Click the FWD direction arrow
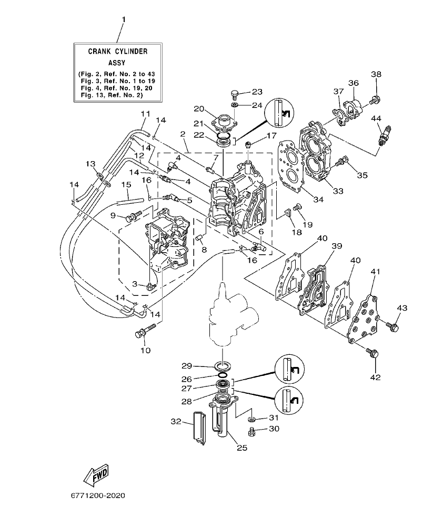(x=96, y=476)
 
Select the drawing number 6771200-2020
(x=98, y=496)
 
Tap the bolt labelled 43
(x=392, y=327)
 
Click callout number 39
(x=336, y=246)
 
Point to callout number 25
(x=241, y=449)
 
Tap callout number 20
(x=198, y=108)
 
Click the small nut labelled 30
(x=252, y=432)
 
